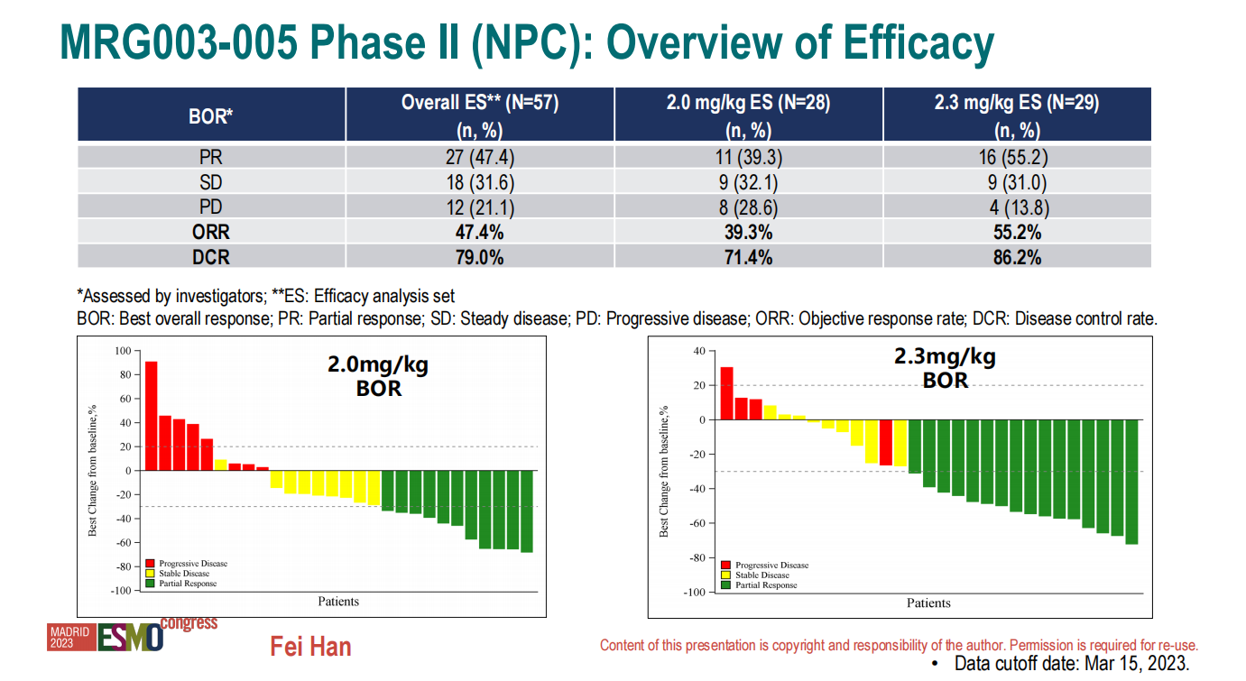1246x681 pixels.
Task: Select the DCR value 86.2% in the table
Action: tap(1017, 258)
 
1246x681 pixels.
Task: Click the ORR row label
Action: tap(211, 233)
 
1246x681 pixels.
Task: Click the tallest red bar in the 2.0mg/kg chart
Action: tap(152, 416)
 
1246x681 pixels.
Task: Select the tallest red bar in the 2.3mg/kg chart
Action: tap(726, 393)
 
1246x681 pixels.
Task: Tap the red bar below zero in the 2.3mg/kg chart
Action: tap(886, 443)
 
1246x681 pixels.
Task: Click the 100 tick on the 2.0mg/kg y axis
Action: tap(123, 350)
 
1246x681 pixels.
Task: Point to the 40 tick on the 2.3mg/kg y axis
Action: tap(697, 351)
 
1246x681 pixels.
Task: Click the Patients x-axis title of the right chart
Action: tap(928, 603)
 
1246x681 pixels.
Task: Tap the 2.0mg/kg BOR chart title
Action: tap(377, 377)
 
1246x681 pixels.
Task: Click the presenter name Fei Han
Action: tap(310, 647)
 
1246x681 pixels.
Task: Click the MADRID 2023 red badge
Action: tap(70, 638)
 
